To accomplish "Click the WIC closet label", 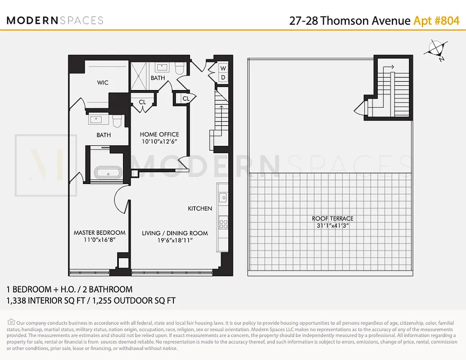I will point(103,82).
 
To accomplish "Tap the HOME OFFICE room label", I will point(159,135).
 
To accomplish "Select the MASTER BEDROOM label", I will point(100,233).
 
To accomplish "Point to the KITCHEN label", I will point(200,208).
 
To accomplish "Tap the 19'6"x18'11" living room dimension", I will point(175,240).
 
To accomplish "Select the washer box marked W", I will point(223,68).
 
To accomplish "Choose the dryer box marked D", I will point(223,77).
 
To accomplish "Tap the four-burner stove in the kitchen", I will point(223,222).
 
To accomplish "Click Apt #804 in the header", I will point(436,21).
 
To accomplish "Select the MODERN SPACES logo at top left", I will point(55,20).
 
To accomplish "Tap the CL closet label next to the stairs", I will point(186,99).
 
